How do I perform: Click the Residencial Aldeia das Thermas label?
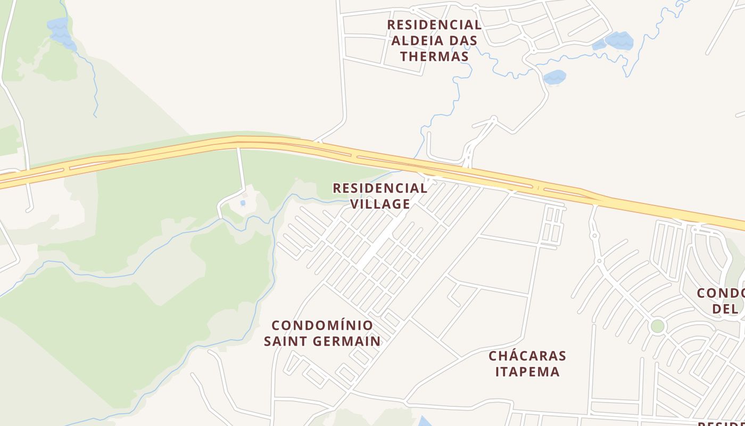pyautogui.click(x=434, y=40)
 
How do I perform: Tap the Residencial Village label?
pyautogui.click(x=380, y=196)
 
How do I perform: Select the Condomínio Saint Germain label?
pyautogui.click(x=322, y=333)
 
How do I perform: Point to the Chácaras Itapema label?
pyautogui.click(x=527, y=364)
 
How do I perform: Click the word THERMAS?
pyautogui.click(x=434, y=56)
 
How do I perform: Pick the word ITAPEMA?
pyautogui.click(x=527, y=372)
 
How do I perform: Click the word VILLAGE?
pyautogui.click(x=380, y=204)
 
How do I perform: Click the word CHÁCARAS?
pyautogui.click(x=527, y=356)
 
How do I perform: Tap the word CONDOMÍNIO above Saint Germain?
pyautogui.click(x=322, y=325)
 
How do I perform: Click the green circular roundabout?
pyautogui.click(x=658, y=326)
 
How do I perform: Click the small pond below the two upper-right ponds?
pyautogui.click(x=554, y=77)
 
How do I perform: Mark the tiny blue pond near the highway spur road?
pyautogui.click(x=243, y=203)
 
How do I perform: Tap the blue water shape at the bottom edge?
pyautogui.click(x=425, y=422)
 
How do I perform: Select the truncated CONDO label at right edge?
pyautogui.click(x=721, y=293)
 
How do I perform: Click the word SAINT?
pyautogui.click(x=286, y=341)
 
